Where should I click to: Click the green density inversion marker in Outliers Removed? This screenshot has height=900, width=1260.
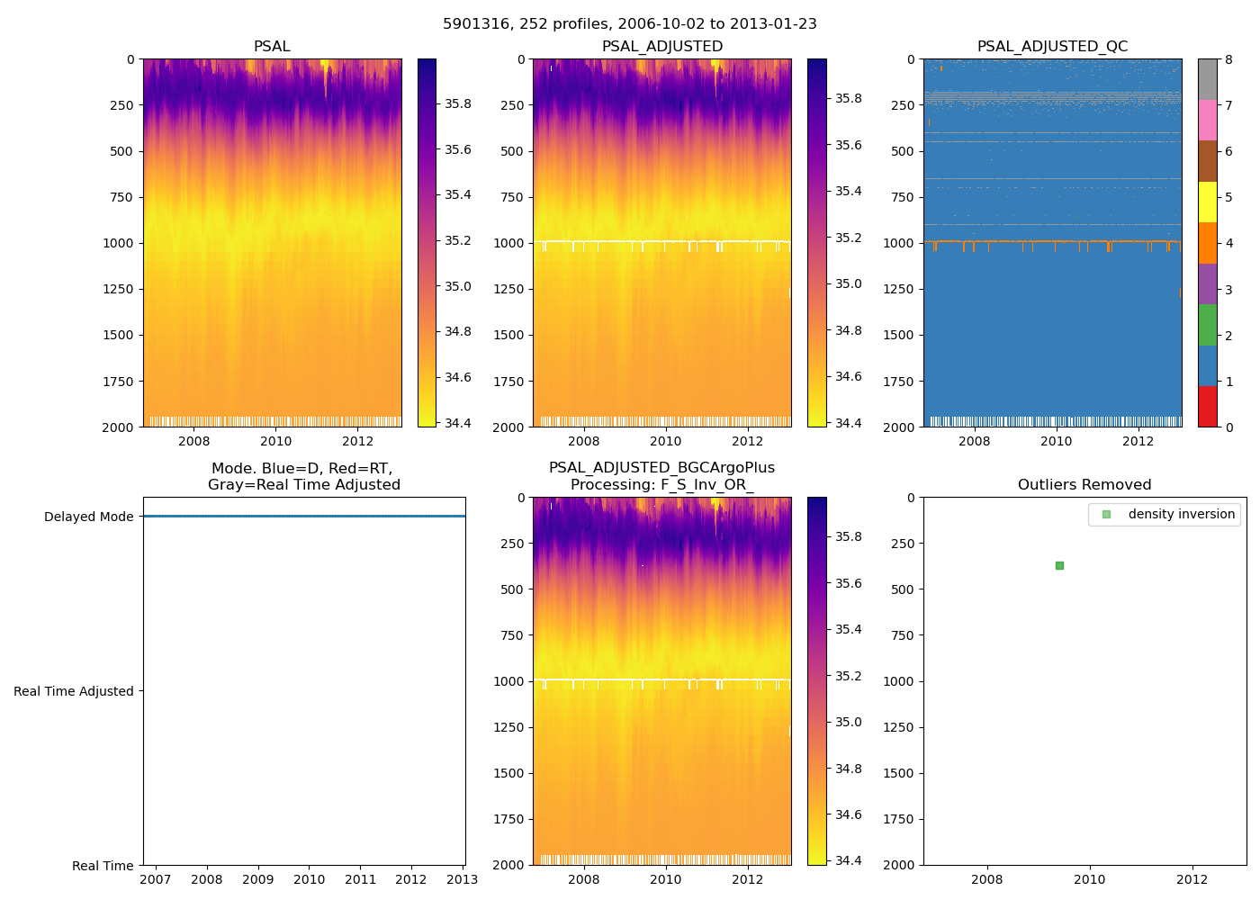pos(1059,565)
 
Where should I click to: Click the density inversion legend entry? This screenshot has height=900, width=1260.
pos(1181,514)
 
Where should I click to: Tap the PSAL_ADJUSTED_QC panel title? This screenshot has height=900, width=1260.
pos(1052,47)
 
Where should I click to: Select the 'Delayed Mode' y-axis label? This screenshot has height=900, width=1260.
pos(88,517)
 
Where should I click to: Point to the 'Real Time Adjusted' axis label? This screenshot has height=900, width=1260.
pos(73,691)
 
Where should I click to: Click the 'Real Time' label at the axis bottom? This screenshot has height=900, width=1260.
pos(103,866)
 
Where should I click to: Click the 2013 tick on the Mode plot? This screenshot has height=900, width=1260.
pos(463,879)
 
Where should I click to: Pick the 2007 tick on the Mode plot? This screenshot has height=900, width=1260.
pos(156,879)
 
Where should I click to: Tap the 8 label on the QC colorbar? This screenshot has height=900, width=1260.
pos(1228,59)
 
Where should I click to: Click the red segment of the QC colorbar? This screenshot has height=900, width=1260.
pos(1207,406)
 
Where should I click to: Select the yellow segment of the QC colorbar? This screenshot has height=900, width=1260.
pos(1207,202)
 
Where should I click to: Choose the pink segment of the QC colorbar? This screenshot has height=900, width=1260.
pos(1207,120)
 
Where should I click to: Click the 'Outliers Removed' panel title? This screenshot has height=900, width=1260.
pos(1084,485)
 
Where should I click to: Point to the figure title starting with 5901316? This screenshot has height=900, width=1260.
pos(630,24)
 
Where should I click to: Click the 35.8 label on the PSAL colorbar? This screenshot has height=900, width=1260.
pos(457,103)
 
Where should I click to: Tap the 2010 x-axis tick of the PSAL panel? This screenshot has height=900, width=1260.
pos(276,441)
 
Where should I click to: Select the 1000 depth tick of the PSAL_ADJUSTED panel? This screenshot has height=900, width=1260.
pos(510,243)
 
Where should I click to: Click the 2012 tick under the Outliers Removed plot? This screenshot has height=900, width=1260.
pos(1192,879)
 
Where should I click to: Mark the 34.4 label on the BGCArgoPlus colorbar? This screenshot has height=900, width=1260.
pos(847,860)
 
